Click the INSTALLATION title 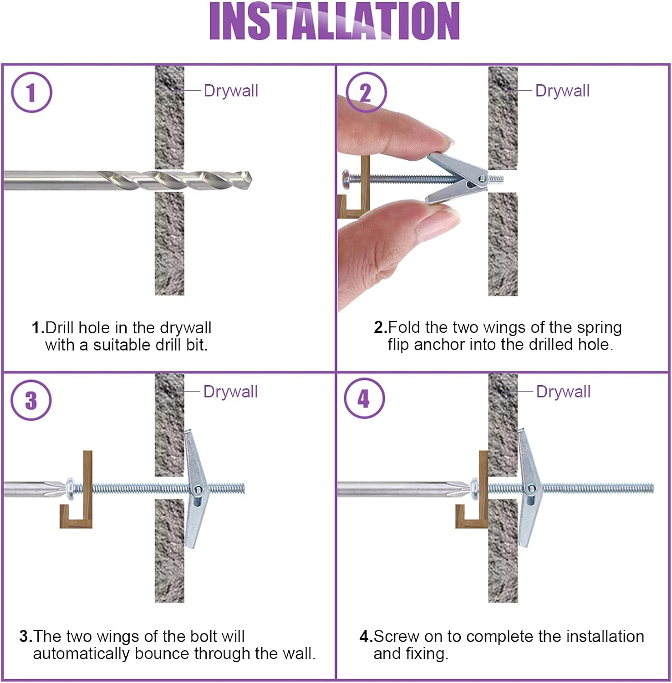click(x=334, y=21)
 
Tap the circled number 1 click(x=31, y=92)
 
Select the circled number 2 click(x=366, y=92)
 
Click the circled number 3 click(x=31, y=400)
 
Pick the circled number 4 click(x=364, y=399)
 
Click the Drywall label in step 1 click(x=231, y=91)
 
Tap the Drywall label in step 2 click(x=562, y=91)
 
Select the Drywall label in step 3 click(x=230, y=392)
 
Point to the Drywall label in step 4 click(x=563, y=392)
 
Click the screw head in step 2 click(x=346, y=178)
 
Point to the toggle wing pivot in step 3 click(x=198, y=490)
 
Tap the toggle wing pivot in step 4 click(x=531, y=489)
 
